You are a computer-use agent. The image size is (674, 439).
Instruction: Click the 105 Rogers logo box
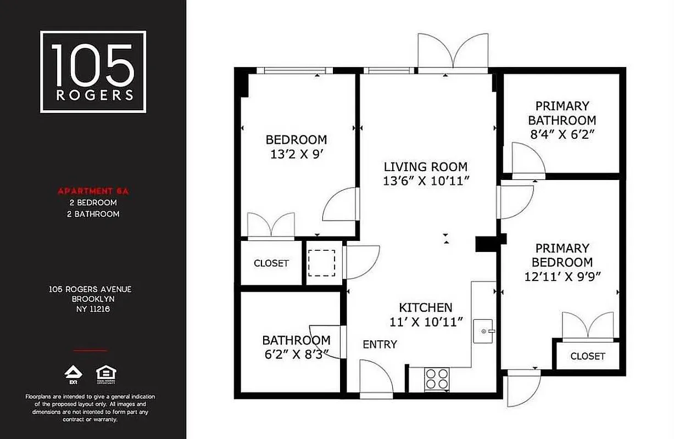pos(93,72)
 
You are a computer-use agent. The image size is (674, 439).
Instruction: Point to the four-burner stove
pos(437,379)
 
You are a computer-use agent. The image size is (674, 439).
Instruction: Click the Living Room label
pos(425,167)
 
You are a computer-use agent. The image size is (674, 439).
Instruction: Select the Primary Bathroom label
pos(562,113)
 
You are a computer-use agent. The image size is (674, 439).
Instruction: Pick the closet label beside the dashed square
pos(271,263)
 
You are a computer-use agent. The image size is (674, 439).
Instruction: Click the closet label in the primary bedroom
pos(587,356)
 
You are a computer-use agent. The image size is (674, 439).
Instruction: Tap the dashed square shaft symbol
pos(321,263)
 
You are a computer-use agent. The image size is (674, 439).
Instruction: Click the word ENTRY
pos(380,345)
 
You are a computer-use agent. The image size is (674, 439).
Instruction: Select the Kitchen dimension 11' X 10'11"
pos(425,322)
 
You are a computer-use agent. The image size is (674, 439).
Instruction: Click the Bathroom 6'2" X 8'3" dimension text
pos(296,354)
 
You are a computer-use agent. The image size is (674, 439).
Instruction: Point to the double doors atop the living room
pos(453,53)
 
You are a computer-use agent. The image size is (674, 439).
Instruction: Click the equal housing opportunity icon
pos(106,373)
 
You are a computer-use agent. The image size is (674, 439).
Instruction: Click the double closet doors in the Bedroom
pos(271,225)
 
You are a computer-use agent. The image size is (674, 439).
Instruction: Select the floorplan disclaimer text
pos(91,408)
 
